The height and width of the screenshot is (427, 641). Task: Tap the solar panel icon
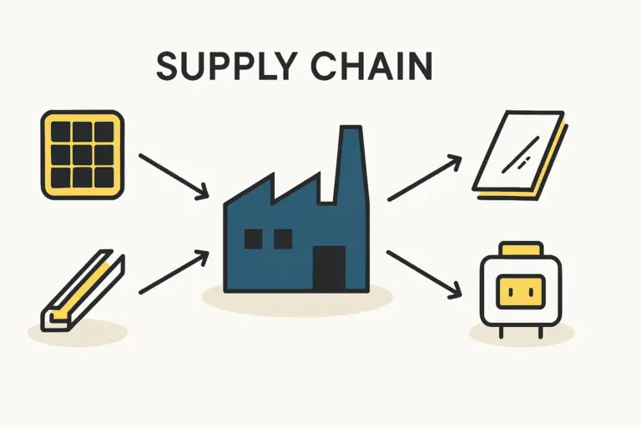[x=82, y=155]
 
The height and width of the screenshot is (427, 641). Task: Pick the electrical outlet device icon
[x=512, y=289]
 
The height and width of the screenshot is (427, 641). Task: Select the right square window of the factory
[x=283, y=239]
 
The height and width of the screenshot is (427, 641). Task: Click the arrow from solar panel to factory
[x=173, y=175]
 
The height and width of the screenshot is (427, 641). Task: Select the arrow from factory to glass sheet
[x=425, y=177]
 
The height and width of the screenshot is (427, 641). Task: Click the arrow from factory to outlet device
[x=424, y=273]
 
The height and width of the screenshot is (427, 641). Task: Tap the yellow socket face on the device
[x=512, y=292]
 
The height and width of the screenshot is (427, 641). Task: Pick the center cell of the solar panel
[x=82, y=155]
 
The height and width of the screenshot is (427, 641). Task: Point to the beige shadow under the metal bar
[x=79, y=331]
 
